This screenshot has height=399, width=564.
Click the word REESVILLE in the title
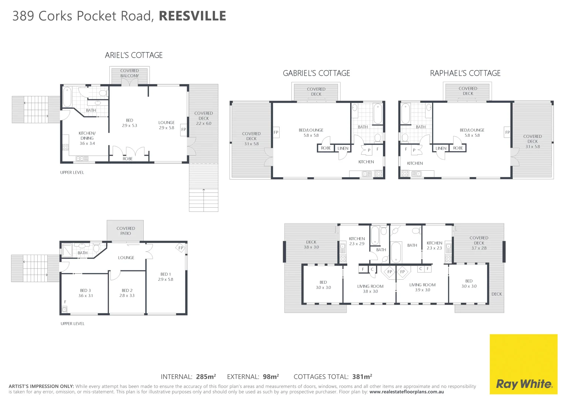(192, 16)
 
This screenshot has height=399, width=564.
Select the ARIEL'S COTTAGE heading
(134, 55)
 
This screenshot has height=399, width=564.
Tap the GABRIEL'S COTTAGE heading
(316, 73)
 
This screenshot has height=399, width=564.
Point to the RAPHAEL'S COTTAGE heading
(465, 73)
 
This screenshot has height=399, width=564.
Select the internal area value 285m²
(206, 377)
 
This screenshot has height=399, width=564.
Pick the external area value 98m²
(271, 377)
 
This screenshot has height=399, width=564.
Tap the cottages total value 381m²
(362, 377)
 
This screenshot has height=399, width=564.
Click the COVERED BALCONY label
(129, 73)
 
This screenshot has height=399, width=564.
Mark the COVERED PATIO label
(126, 231)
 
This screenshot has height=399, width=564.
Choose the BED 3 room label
(85, 293)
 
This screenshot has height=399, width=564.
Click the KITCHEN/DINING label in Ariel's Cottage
(87, 138)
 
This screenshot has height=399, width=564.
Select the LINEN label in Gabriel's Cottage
(343, 148)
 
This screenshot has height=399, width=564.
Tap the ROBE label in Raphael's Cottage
(458, 148)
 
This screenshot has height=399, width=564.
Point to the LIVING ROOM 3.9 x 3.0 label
(422, 287)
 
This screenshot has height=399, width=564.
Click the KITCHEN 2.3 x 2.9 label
(357, 241)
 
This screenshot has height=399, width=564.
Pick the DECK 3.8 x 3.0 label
(311, 245)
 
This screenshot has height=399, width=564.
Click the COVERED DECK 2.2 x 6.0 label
(204, 118)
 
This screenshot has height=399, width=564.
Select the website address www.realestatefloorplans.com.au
(406, 392)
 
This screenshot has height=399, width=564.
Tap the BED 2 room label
(127, 293)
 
